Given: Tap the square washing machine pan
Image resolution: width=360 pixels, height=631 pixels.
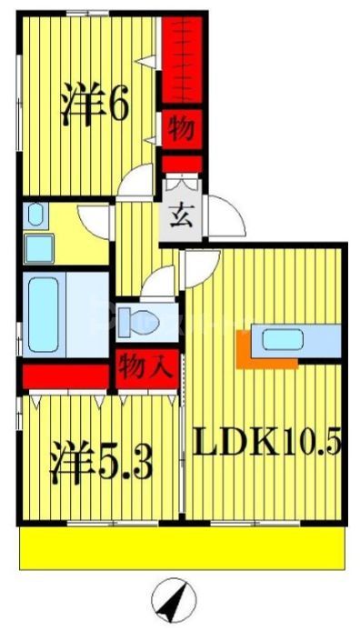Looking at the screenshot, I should (x=39, y=247).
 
